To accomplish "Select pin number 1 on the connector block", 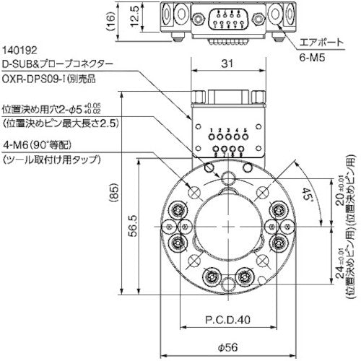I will (212, 131).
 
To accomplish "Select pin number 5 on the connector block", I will (245, 131).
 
